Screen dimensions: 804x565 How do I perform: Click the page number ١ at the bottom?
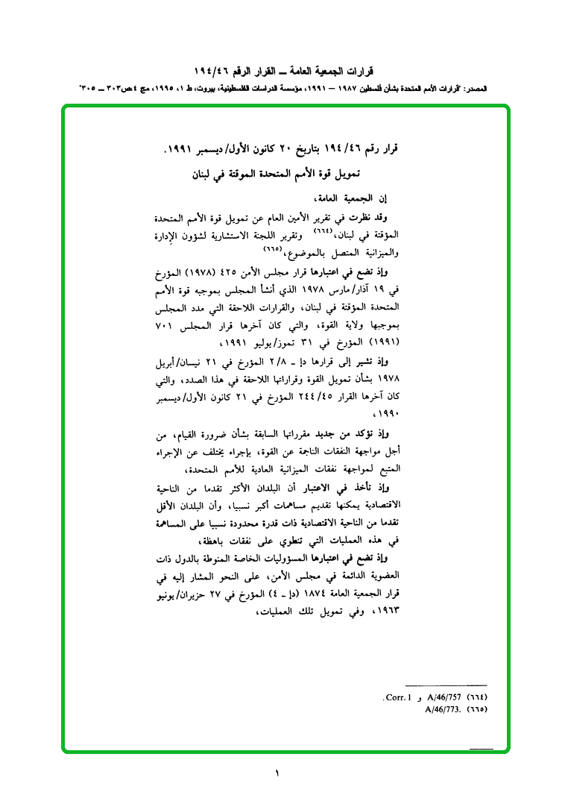click(x=276, y=773)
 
